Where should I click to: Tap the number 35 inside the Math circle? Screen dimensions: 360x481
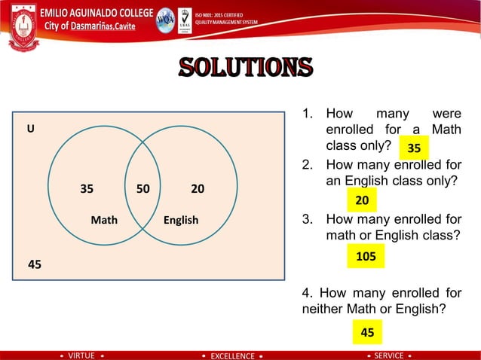pyautogui.click(x=87, y=188)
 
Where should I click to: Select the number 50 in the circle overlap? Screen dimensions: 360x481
pyautogui.click(x=142, y=188)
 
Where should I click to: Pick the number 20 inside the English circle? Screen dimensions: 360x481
pyautogui.click(x=198, y=188)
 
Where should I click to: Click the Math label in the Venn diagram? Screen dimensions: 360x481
pyautogui.click(x=104, y=220)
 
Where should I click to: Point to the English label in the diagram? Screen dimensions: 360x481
pyautogui.click(x=181, y=220)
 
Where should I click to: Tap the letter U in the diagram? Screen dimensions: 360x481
pyautogui.click(x=30, y=129)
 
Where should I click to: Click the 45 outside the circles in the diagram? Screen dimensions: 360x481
pyautogui.click(x=35, y=264)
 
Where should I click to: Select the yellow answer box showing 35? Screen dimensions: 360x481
pyautogui.click(x=414, y=148)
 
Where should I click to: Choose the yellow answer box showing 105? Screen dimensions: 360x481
pyautogui.click(x=366, y=257)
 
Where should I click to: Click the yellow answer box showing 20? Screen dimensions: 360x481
pyautogui.click(x=362, y=200)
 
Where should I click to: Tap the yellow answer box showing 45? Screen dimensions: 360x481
pyautogui.click(x=367, y=331)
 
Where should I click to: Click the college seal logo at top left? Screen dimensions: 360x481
pyautogui.click(x=23, y=29)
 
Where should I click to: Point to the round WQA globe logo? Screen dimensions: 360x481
pyautogui.click(x=164, y=20)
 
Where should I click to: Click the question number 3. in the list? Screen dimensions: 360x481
pyautogui.click(x=307, y=220)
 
